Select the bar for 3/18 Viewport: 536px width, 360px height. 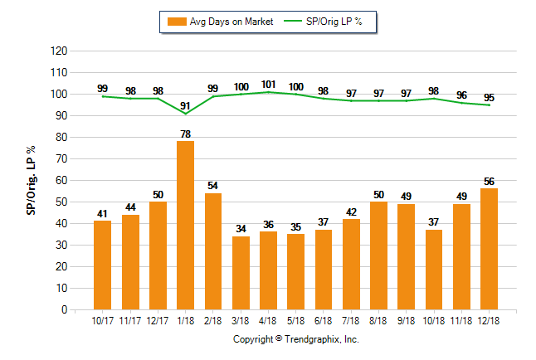pos(241,273)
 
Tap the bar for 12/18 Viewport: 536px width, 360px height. pos(489,249)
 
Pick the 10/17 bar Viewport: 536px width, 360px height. pos(103,265)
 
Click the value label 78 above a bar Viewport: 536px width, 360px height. pos(185,134)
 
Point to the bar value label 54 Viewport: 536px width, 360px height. pos(213,186)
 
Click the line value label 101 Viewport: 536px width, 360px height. pos(268,84)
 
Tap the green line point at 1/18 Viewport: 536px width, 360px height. pos(185,114)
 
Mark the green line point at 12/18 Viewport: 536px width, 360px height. pos(489,105)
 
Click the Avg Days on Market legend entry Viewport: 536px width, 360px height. pos(218,22)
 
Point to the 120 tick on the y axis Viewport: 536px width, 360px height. pos(59,51)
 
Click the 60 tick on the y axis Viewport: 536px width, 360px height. pos(61,180)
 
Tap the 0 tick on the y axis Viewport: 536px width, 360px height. pos(64,309)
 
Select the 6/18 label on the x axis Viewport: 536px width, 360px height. pos(324,321)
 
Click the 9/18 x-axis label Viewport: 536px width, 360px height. pos(407,321)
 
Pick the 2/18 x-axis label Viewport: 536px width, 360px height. pos(213,321)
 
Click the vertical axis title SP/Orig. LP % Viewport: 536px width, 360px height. pos(32,179)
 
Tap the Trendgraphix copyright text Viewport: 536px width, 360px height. pos(295,339)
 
